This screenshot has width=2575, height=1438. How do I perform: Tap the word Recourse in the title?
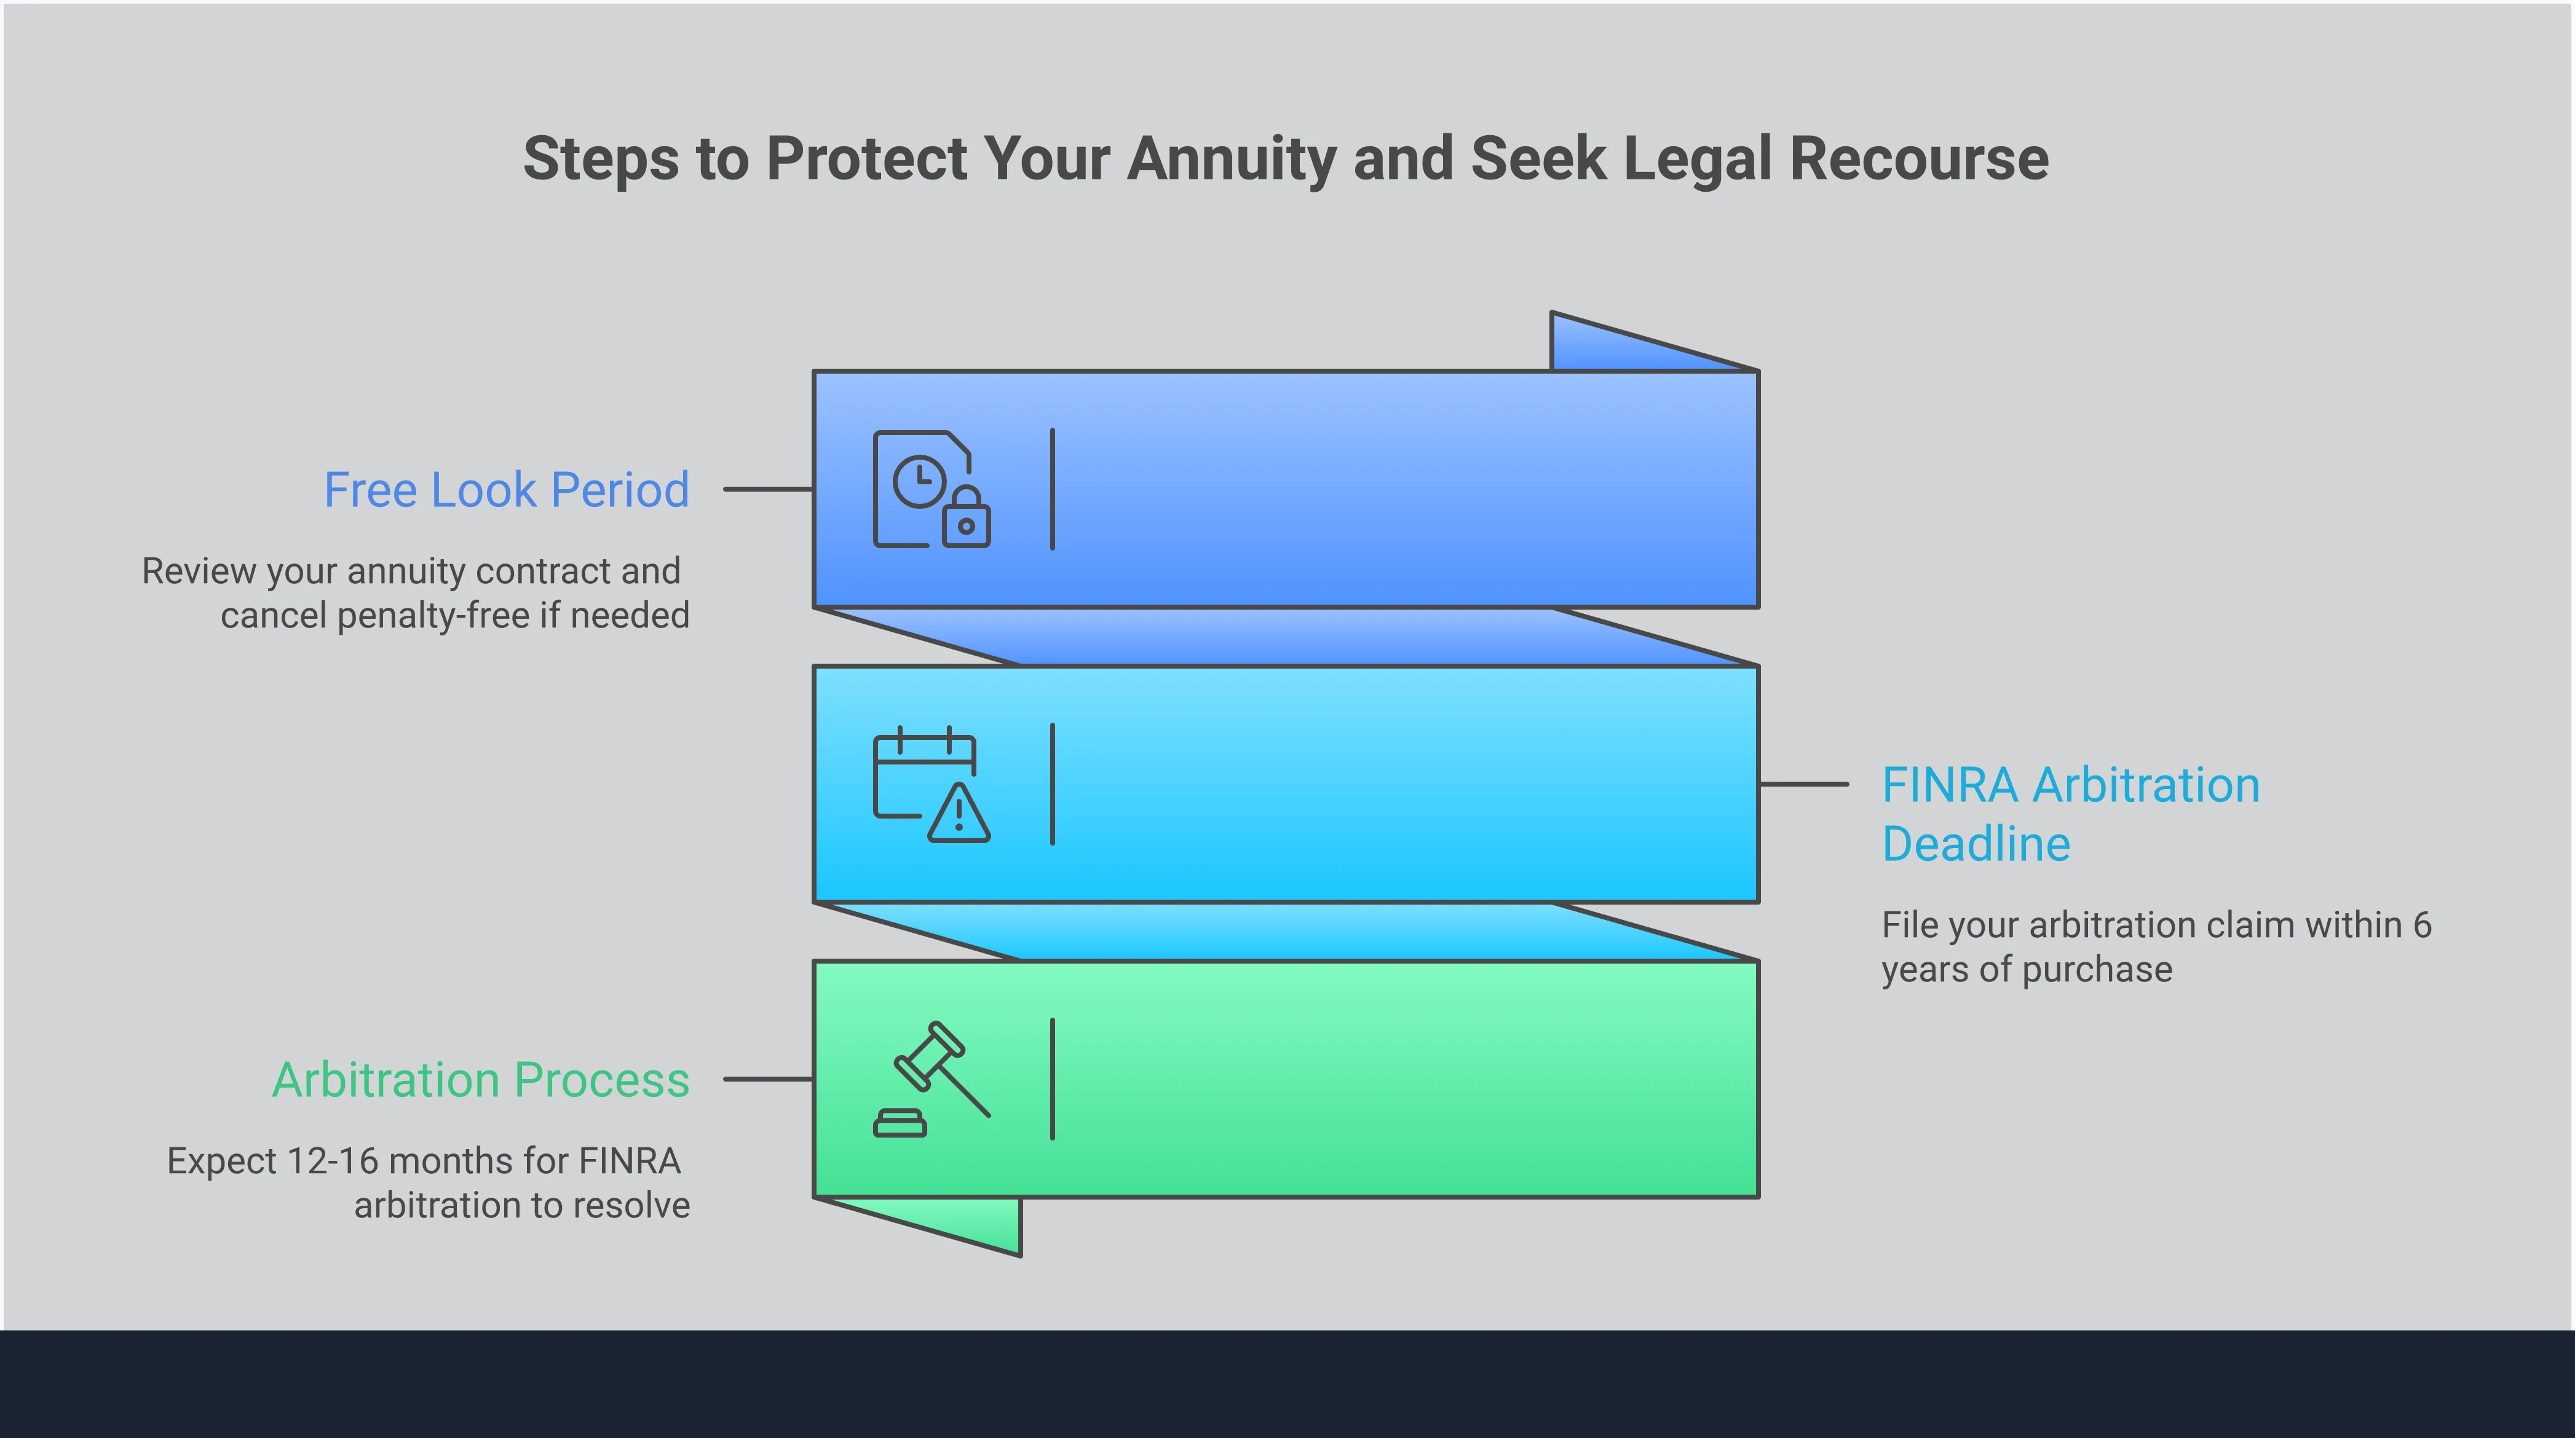[x=1918, y=160]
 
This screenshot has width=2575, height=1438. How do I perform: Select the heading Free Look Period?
[x=506, y=490]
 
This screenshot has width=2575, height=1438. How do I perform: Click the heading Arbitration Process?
[x=481, y=1080]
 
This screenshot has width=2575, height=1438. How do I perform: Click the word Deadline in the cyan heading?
[x=1976, y=844]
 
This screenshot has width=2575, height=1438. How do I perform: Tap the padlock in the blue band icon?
[x=965, y=517]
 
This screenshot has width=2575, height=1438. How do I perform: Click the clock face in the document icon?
[x=919, y=482]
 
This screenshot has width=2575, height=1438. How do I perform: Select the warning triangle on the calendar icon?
[x=959, y=814]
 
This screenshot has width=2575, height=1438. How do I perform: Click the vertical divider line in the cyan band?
[x=1053, y=785]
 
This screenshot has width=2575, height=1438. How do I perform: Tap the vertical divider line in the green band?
[x=1053, y=1079]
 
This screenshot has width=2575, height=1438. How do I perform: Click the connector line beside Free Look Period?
[x=768, y=490]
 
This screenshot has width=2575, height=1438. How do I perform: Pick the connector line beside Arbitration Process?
[x=768, y=1079]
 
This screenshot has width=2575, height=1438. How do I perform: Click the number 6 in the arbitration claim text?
[x=2421, y=925]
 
